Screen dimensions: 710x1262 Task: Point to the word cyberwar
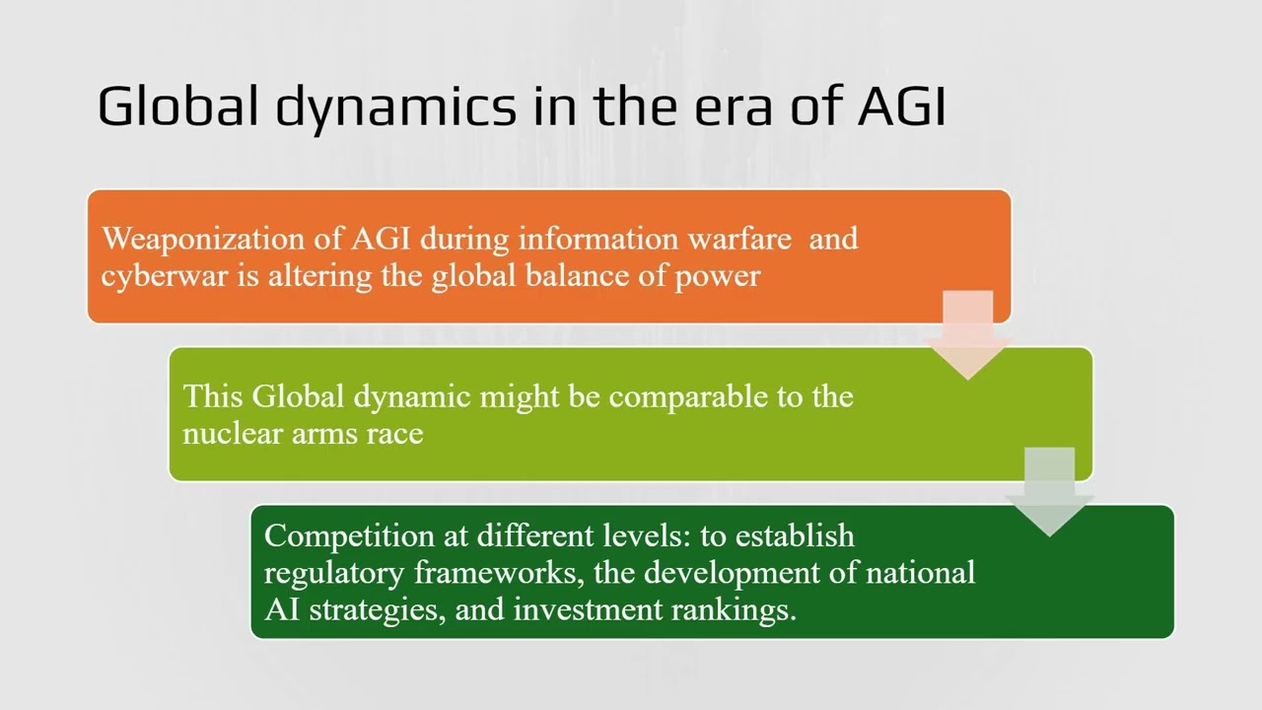[x=165, y=275]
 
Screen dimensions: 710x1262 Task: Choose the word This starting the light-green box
[x=213, y=396]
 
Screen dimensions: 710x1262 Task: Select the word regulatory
[x=334, y=573]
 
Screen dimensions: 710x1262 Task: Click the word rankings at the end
[x=733, y=609]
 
